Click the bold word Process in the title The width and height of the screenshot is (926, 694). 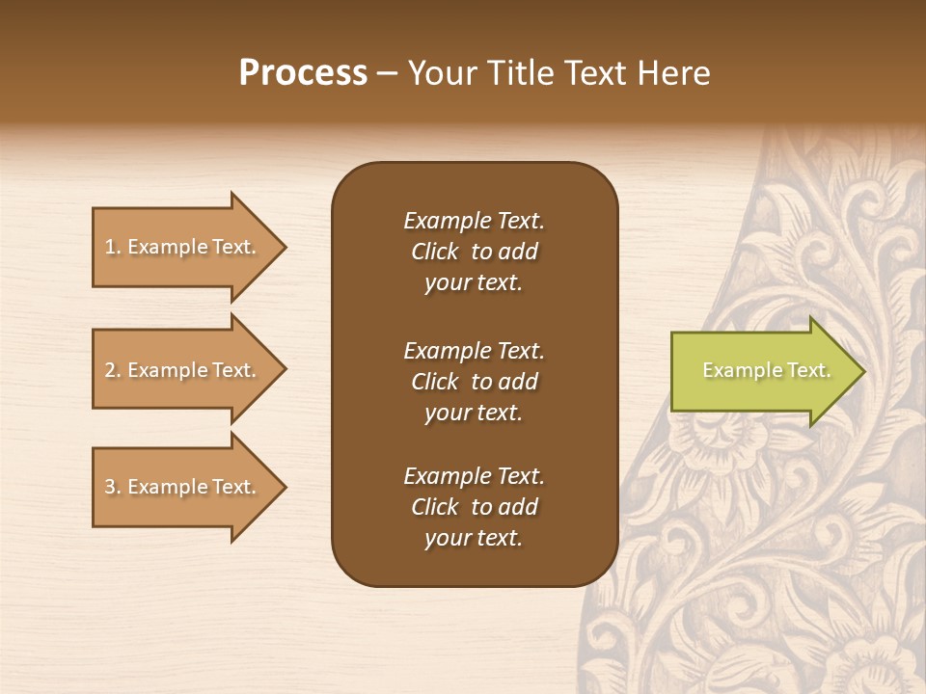pyautogui.click(x=303, y=73)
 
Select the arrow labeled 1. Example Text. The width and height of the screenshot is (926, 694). pyautogui.click(x=183, y=247)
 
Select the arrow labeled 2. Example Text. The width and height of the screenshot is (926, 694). pyautogui.click(x=183, y=370)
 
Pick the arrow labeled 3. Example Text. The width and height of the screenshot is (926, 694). pyautogui.click(x=183, y=487)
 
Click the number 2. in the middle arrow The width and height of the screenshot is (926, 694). pyautogui.click(x=113, y=370)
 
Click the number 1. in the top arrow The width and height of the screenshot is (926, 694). pyautogui.click(x=113, y=247)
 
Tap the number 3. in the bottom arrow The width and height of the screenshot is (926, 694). pyautogui.click(x=113, y=487)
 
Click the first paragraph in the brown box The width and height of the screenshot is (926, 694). pyautogui.click(x=474, y=252)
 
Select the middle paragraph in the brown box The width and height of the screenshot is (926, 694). pyautogui.click(x=474, y=382)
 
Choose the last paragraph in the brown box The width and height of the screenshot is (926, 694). pyautogui.click(x=474, y=507)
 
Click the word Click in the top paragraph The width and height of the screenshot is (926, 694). pyautogui.click(x=435, y=252)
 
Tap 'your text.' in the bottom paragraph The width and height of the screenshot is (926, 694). pyautogui.click(x=474, y=538)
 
